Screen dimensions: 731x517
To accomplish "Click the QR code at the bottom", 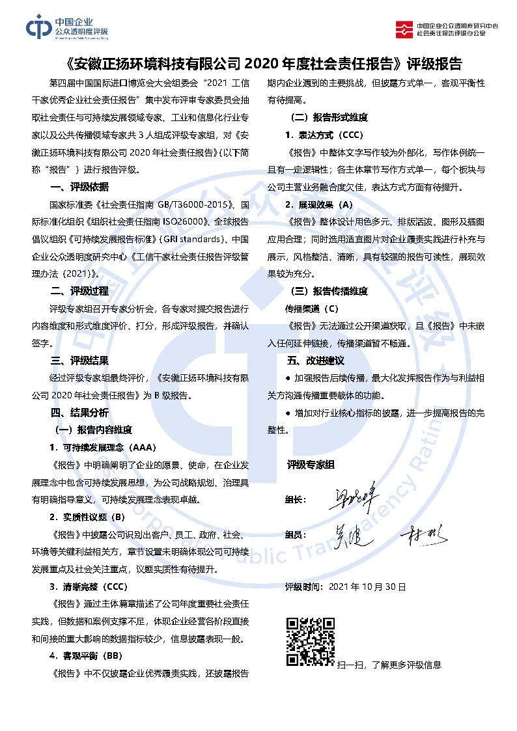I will click(x=311, y=642).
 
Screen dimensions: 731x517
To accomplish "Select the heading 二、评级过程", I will click(x=79, y=290).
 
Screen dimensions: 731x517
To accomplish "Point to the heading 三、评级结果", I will click(x=79, y=360).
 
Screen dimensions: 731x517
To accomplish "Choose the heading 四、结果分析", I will click(x=79, y=412).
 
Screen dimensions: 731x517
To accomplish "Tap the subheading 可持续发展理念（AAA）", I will click(x=103, y=447).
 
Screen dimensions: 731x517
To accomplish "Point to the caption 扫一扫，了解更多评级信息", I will click(x=389, y=665).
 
